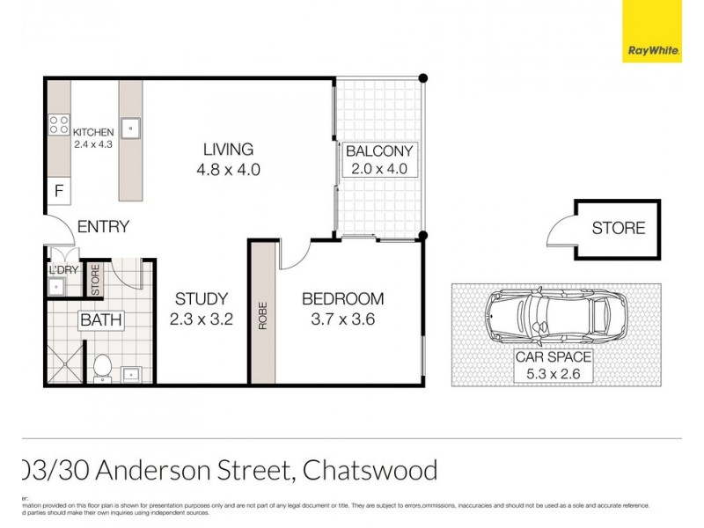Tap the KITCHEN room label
[x=93, y=133]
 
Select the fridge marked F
[x=59, y=191]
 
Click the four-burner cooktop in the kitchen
[x=59, y=125]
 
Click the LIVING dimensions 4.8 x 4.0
[x=228, y=170]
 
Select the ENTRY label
[x=103, y=227]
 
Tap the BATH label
[x=101, y=320]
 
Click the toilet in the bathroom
[x=102, y=368]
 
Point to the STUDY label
[x=201, y=299]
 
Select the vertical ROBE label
[x=262, y=316]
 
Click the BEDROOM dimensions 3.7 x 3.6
[x=342, y=319]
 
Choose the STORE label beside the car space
[x=618, y=229]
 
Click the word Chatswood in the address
[x=370, y=471]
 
